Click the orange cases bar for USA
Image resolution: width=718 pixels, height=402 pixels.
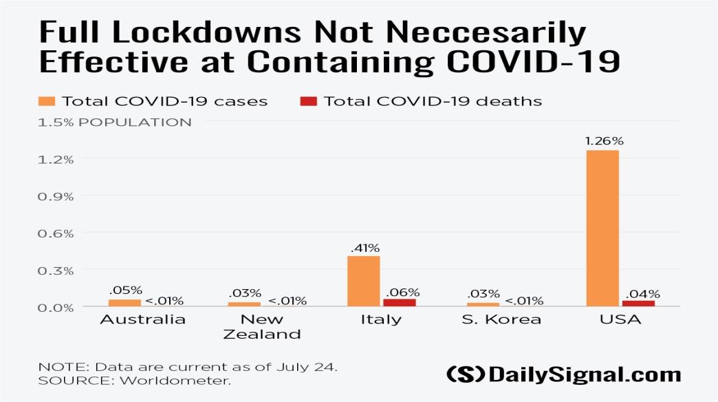tap(602, 228)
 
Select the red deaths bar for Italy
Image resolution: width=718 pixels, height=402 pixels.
tap(400, 303)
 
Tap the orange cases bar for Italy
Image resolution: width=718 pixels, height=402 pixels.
tap(364, 281)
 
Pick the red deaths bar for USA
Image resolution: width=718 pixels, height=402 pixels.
tap(638, 304)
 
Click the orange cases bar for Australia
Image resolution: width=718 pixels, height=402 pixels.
tap(124, 303)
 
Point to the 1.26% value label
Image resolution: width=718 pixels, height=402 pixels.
tap(603, 141)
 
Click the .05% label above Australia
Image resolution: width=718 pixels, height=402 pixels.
tap(125, 290)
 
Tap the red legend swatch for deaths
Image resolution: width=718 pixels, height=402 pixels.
tap(309, 102)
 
